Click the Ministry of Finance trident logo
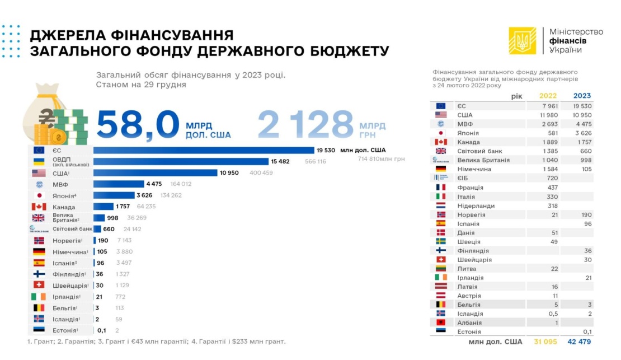(x=522, y=41)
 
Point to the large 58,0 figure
(x=138, y=124)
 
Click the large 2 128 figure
(x=305, y=124)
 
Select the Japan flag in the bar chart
(x=39, y=195)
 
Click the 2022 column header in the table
(x=548, y=96)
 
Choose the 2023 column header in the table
(x=582, y=96)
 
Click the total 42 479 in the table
(x=579, y=342)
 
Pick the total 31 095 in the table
(x=546, y=342)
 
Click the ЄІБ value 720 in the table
(x=552, y=178)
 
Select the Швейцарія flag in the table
(x=441, y=259)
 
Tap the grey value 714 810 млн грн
(x=381, y=159)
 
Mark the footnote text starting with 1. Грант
(x=156, y=341)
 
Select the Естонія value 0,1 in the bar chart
(x=101, y=330)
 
